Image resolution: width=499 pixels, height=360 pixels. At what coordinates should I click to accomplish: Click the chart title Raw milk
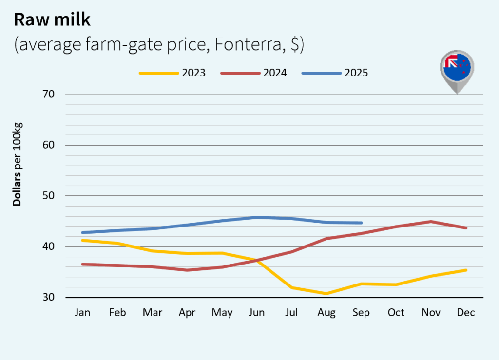(x=52, y=19)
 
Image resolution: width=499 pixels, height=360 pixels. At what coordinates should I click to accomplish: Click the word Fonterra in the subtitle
(x=244, y=44)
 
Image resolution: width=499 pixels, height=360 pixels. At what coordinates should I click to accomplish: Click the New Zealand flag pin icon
(x=457, y=71)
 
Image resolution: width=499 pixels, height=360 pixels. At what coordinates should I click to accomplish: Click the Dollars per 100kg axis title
(x=18, y=164)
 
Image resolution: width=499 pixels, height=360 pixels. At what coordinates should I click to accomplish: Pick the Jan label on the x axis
(x=82, y=313)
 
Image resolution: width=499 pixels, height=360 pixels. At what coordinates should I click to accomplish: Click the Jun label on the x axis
(x=257, y=313)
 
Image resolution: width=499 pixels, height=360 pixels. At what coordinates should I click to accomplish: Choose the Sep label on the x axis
(x=361, y=313)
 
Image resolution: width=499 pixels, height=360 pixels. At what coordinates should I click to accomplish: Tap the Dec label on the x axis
(x=466, y=313)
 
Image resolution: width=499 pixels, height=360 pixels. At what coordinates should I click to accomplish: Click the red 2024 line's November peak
(x=431, y=222)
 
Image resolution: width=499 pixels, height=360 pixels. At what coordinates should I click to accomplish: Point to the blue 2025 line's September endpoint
(x=361, y=223)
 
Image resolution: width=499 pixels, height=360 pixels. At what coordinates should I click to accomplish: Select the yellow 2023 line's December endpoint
(x=466, y=270)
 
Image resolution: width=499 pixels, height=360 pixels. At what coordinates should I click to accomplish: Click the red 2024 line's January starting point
(x=82, y=264)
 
